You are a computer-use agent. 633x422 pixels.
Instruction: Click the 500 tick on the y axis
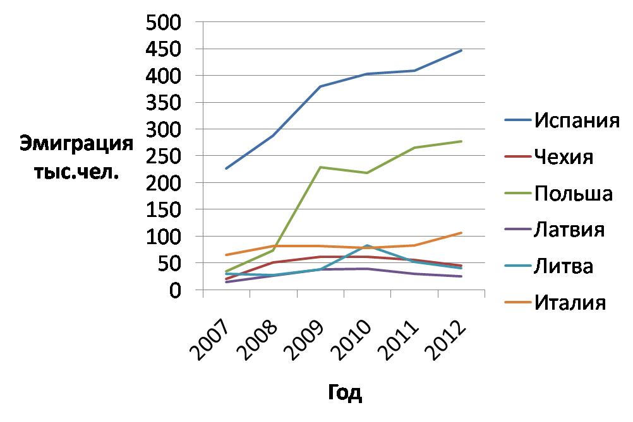pyautogui.click(x=164, y=23)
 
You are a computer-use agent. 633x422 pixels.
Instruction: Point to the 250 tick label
pyautogui.click(x=164, y=157)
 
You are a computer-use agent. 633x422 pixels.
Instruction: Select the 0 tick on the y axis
pyautogui.click(x=174, y=291)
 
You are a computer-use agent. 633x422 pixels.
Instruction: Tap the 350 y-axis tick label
pyautogui.click(x=164, y=103)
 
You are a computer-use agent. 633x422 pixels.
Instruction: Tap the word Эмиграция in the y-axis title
pyautogui.click(x=76, y=143)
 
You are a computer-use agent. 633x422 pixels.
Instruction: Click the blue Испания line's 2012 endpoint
pyautogui.click(x=462, y=50)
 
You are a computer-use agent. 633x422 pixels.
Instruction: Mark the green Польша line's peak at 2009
pyautogui.click(x=320, y=167)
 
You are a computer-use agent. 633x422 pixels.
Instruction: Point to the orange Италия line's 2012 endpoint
pyautogui.click(x=462, y=233)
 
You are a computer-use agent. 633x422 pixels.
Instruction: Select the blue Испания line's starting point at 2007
pyautogui.click(x=226, y=168)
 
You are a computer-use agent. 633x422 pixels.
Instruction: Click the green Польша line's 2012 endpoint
pyautogui.click(x=462, y=141)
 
